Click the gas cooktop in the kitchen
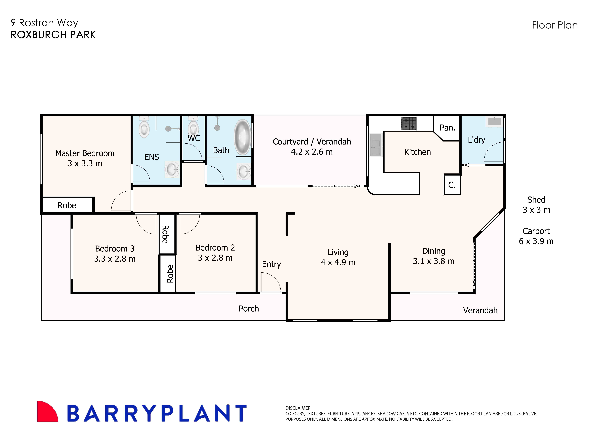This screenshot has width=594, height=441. click(x=408, y=124)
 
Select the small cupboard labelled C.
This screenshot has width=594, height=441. click(x=452, y=185)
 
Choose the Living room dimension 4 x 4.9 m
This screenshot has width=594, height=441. click(x=338, y=262)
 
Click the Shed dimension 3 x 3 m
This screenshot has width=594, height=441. click(x=536, y=210)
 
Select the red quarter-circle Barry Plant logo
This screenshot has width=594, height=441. click(x=47, y=412)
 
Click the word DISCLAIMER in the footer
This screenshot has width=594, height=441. click(x=298, y=408)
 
